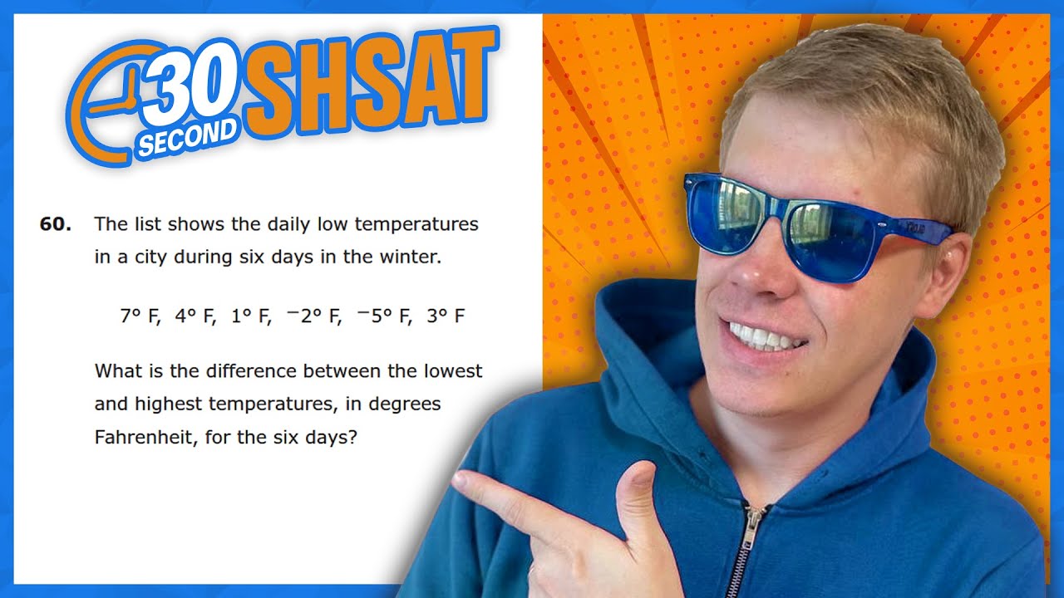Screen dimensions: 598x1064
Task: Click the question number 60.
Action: click(55, 224)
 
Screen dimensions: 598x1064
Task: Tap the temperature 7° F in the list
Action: click(139, 316)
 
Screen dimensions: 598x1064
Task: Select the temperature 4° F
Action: click(195, 316)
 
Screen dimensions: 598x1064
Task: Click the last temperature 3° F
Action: click(445, 316)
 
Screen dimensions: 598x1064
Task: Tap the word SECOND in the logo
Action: click(188, 137)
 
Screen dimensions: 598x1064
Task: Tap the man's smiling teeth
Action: click(766, 337)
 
